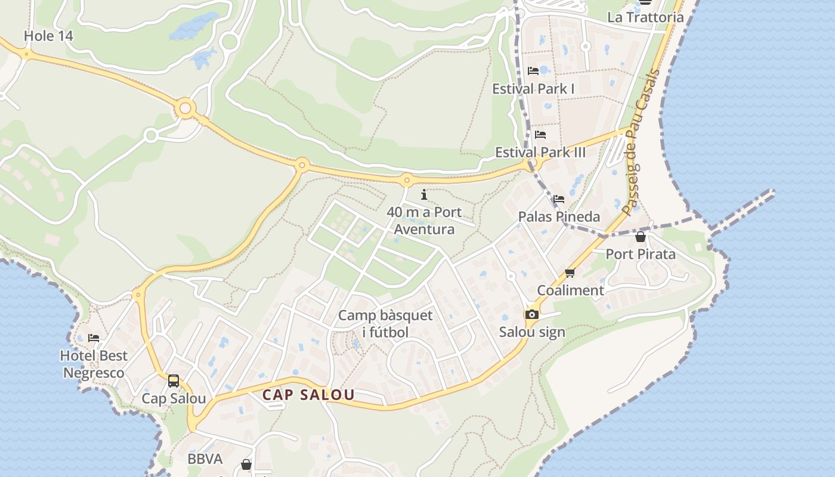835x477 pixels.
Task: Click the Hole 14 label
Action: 48,36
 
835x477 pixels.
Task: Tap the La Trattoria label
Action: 645,17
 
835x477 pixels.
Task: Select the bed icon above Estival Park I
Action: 533,71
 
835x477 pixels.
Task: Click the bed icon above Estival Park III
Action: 540,135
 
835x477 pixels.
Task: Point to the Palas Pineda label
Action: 559,216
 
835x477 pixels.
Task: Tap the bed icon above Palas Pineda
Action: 558,199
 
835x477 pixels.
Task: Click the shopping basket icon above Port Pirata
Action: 641,237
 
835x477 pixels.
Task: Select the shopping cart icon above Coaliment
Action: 570,273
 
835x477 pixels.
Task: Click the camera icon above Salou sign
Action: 531,315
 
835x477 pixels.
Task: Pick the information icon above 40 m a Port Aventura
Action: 424,194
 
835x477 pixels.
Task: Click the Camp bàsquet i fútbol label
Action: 385,324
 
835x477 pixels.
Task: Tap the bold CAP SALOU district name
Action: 308,395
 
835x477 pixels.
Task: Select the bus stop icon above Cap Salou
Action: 174,380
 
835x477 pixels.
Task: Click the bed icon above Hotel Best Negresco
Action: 94,338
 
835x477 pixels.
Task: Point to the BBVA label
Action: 205,459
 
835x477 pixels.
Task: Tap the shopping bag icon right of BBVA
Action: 246,464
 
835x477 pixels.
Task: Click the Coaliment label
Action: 570,290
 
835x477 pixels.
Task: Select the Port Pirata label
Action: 641,254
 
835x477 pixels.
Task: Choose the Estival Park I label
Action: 533,89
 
